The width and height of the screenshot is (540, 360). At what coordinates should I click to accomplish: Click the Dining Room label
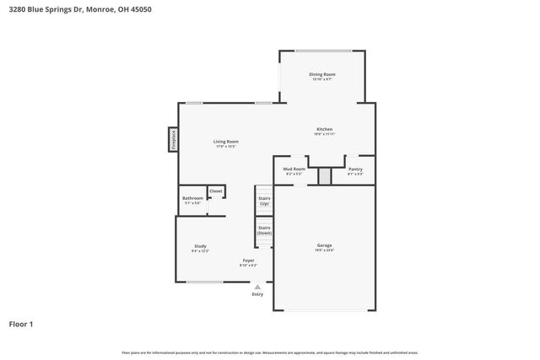323,74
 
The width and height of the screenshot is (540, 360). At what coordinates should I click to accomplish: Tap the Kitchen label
325,129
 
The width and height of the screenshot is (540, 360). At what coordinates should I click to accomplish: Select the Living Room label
225,142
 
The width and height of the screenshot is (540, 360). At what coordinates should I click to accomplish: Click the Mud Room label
294,169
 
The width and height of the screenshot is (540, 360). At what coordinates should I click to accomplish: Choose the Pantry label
355,169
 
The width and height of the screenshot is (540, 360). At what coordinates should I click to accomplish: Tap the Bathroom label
193,199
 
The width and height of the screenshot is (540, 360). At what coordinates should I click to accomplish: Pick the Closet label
216,191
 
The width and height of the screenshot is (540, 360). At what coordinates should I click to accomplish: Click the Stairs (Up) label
264,201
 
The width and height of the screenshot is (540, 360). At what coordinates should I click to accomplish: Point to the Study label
200,246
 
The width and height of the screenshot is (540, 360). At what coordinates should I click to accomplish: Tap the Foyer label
248,261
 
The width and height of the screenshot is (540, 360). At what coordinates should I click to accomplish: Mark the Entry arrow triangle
257,286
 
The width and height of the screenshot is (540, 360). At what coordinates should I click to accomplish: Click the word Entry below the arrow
257,293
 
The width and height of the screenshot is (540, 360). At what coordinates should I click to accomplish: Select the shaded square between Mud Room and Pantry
324,175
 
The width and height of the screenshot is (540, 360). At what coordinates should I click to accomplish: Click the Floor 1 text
21,324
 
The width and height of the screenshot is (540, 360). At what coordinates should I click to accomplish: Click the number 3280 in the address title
16,9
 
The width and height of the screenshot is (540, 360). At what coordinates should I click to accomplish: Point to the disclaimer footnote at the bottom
269,352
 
